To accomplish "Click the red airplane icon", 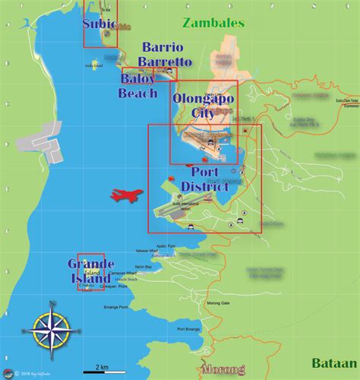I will click(x=125, y=195).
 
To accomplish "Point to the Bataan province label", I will click(x=333, y=363).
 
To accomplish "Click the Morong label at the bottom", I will click(x=223, y=371).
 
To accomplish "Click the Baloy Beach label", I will click(x=137, y=85).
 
